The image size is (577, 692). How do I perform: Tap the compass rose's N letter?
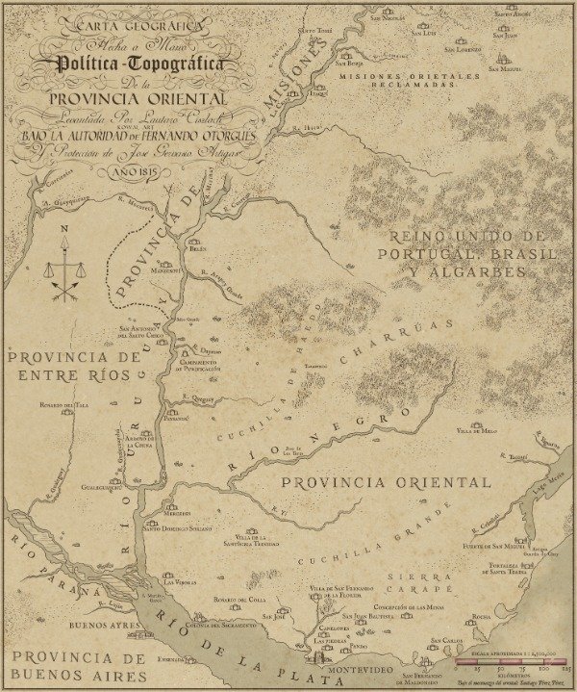tap(64, 229)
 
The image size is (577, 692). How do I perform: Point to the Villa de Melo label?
tap(477, 431)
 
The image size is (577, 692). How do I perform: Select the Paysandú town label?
tap(176, 420)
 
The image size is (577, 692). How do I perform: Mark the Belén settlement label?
tap(197, 248)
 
